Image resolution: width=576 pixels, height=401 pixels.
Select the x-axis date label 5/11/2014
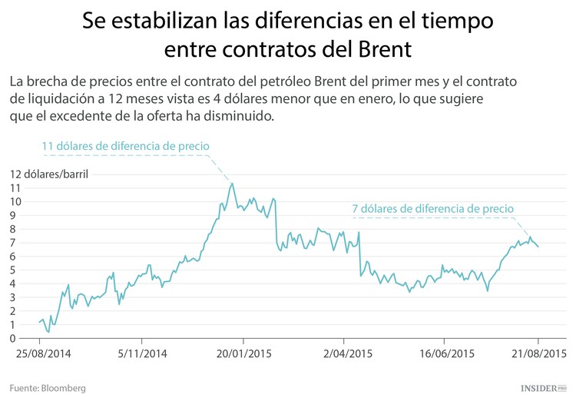tap(141, 354)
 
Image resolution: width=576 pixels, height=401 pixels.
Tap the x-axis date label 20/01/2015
tap(243, 354)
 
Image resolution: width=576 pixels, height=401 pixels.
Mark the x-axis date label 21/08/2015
tap(538, 354)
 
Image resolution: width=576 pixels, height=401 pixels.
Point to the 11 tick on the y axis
tap(15, 187)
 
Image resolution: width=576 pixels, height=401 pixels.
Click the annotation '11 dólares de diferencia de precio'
tap(125, 146)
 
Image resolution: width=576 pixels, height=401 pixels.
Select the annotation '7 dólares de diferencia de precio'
tap(432, 208)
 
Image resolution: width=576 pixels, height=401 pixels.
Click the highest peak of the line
tap(232, 183)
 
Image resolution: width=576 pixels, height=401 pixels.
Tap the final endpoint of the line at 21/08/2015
tap(538, 246)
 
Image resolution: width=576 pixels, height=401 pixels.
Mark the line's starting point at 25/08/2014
tap(39, 323)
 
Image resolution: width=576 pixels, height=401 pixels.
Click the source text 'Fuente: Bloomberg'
tap(48, 388)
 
